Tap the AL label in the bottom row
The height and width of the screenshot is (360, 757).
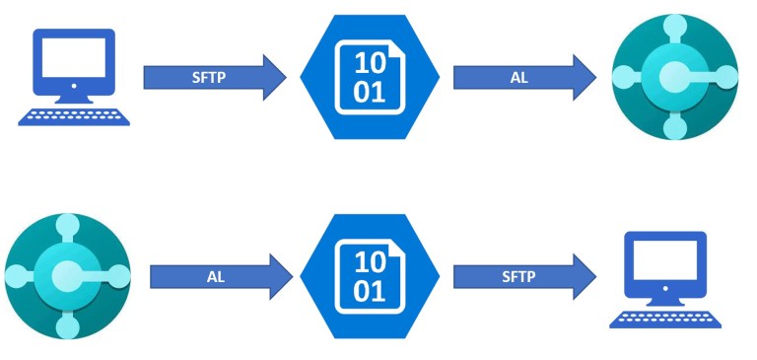(216, 277)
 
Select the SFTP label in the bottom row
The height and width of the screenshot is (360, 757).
(518, 277)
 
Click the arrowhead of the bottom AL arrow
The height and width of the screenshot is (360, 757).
(281, 277)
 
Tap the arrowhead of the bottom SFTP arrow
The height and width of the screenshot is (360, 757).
(585, 277)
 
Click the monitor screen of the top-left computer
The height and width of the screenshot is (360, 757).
(74, 60)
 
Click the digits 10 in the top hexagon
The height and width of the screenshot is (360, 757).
(371, 62)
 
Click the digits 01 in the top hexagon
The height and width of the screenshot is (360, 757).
(371, 92)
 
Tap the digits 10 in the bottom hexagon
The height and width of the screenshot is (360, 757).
(371, 262)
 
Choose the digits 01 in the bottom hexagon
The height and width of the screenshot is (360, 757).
(371, 292)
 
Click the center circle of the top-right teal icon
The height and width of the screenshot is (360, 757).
(674, 77)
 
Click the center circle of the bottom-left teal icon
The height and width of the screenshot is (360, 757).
(67, 276)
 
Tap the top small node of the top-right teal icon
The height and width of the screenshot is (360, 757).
(674, 28)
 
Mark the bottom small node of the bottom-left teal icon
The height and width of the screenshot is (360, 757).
(67, 326)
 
